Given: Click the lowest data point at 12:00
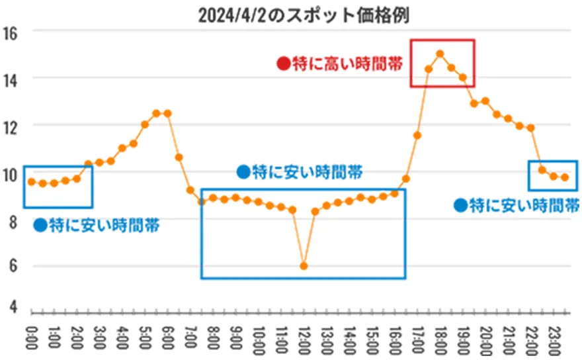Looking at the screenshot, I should pos(304,265).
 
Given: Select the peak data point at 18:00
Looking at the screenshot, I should pos(440,54).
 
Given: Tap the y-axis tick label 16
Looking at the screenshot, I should pos(10,31).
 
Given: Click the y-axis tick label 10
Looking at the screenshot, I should pos(10,174).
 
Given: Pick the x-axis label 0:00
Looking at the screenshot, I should pos(31,337).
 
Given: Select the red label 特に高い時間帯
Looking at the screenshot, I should pos(348,64).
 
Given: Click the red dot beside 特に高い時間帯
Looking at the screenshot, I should pos(283,64).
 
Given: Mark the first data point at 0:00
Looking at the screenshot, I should pos(31,181).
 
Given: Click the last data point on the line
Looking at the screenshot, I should pos(565,177).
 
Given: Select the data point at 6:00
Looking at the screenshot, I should pos(167,113).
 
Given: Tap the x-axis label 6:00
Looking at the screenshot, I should pos(167,337).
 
